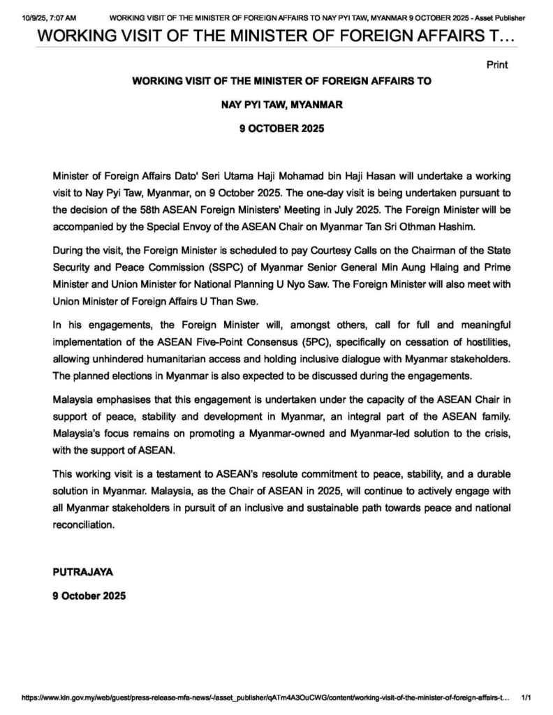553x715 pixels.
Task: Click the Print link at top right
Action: click(x=496, y=65)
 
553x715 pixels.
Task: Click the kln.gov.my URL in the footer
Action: click(x=265, y=697)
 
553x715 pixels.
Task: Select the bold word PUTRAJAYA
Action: click(x=82, y=571)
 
